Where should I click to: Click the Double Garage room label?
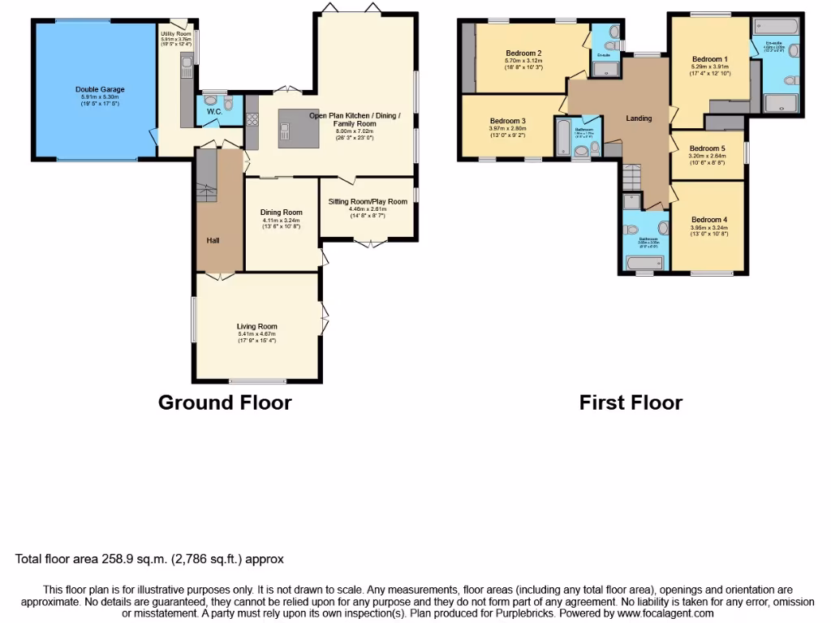(x=100, y=90)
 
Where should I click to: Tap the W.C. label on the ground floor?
(x=214, y=111)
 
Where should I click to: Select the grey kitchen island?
(x=299, y=128)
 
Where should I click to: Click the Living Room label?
(x=256, y=327)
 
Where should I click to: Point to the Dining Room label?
(x=281, y=213)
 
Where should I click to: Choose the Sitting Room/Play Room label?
(x=368, y=202)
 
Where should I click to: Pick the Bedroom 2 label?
(x=523, y=54)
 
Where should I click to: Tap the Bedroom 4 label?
(x=709, y=220)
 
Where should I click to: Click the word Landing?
(x=639, y=118)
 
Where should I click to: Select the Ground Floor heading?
(x=224, y=402)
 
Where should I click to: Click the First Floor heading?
(x=631, y=402)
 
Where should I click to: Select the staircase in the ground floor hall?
(x=208, y=182)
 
